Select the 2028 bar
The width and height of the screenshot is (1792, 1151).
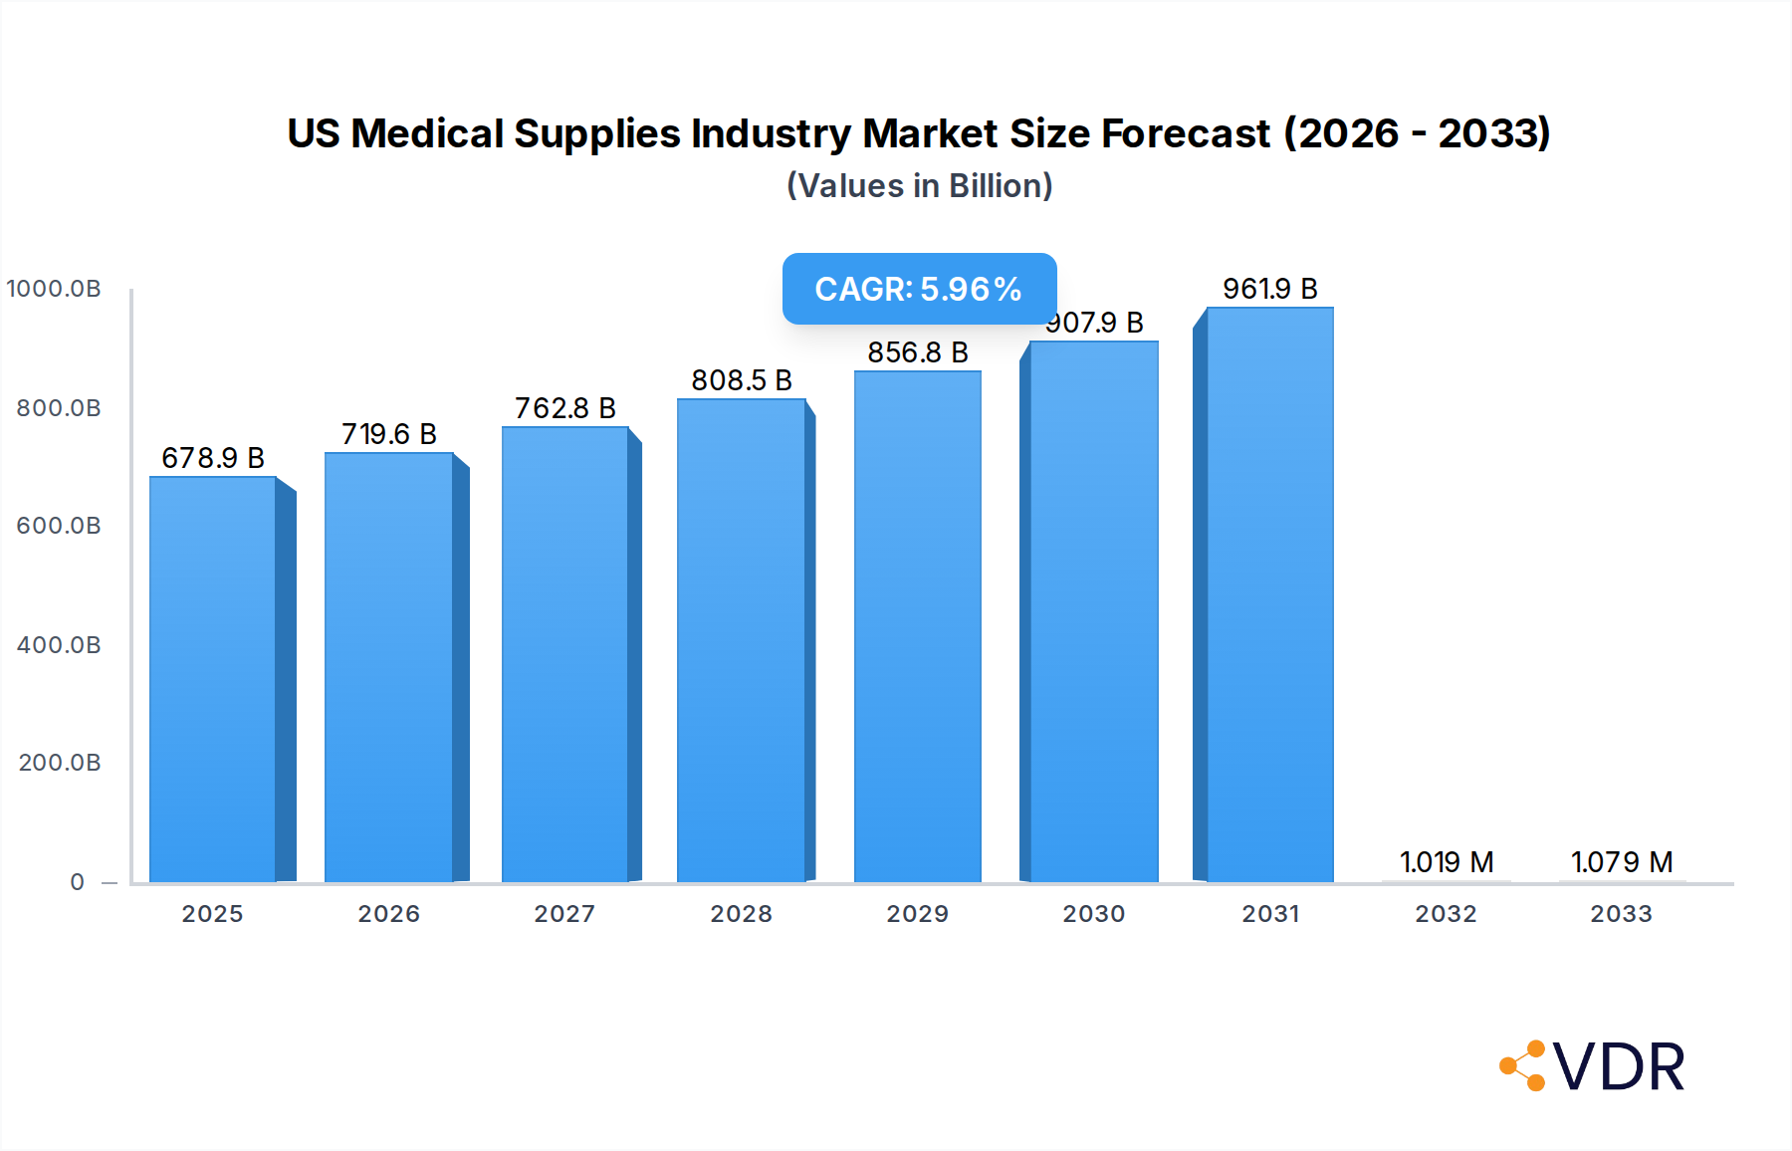click(x=741, y=639)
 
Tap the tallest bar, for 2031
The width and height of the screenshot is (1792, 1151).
click(x=1269, y=594)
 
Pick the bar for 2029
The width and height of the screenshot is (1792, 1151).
click(x=917, y=625)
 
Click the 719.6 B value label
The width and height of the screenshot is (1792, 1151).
click(x=389, y=434)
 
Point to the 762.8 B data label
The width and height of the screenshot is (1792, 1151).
click(x=564, y=408)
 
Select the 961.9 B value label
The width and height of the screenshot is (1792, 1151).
click(x=1269, y=289)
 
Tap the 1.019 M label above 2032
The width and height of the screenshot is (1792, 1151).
click(x=1446, y=862)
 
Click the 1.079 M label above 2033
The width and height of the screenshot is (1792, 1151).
click(x=1621, y=862)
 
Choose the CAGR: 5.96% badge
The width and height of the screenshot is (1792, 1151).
click(x=919, y=289)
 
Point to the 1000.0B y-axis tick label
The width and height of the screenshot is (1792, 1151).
click(x=54, y=289)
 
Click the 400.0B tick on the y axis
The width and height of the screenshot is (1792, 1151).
click(x=59, y=645)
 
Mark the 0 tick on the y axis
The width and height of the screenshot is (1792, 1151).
click(x=78, y=882)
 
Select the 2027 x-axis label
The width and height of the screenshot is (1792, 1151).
click(x=564, y=914)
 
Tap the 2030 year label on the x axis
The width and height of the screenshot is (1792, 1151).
click(x=1093, y=914)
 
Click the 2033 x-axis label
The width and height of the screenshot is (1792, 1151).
click(x=1621, y=914)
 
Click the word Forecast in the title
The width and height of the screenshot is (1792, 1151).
click(x=1186, y=133)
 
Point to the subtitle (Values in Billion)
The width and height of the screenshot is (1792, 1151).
click(x=919, y=186)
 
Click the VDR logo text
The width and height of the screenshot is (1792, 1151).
click(x=1619, y=1067)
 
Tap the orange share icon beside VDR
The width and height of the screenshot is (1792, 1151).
click(x=1523, y=1066)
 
